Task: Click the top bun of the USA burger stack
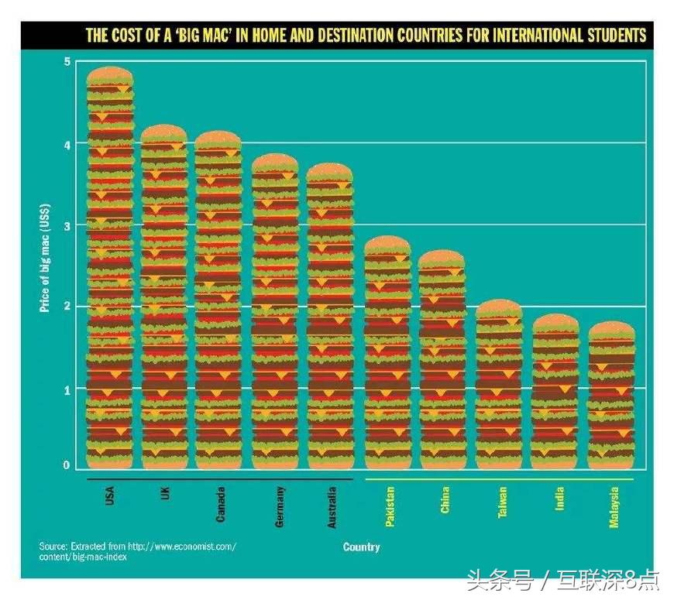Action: [x=109, y=74]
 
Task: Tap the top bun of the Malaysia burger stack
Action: [x=611, y=329]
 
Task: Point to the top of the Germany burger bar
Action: [x=275, y=161]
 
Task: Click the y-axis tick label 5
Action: [x=67, y=61]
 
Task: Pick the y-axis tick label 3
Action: [x=67, y=225]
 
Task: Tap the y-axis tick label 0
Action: [x=67, y=465]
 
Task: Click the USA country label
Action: [x=109, y=495]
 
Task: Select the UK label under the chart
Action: [x=164, y=492]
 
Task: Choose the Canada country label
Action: [x=220, y=504]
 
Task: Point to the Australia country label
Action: [x=332, y=507]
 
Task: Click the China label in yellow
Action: [x=445, y=500]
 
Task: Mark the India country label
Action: [x=559, y=498]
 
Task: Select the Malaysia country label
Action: [x=614, y=507]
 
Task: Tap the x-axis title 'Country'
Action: [x=361, y=547]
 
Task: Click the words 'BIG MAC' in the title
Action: [x=211, y=36]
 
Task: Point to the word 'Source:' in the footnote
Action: [x=53, y=547]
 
